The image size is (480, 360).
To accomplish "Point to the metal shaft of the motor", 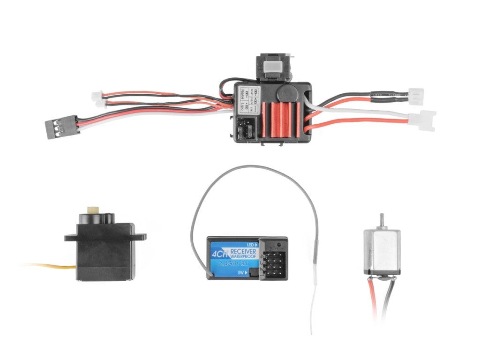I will click(x=381, y=221).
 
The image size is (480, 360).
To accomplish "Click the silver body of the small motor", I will click(x=381, y=251).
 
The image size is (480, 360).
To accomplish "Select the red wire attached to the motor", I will click(x=374, y=300).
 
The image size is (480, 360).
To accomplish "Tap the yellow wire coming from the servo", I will click(x=52, y=267).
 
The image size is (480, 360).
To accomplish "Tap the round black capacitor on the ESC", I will click(x=287, y=93).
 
